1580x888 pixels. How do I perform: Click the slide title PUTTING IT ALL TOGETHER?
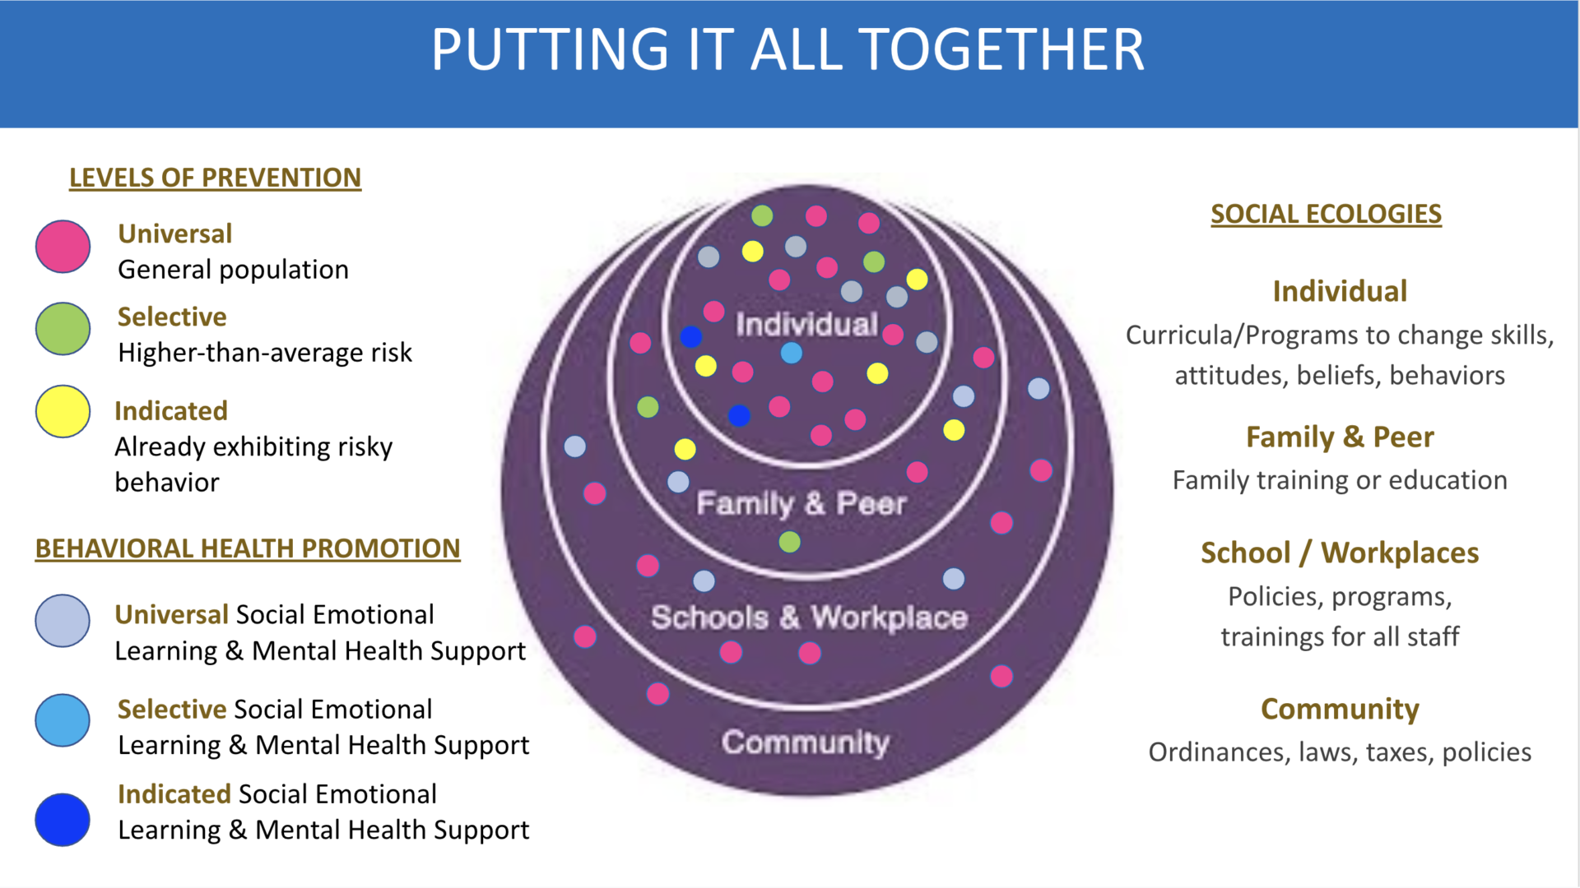tap(788, 50)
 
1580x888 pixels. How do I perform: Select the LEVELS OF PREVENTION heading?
tap(215, 178)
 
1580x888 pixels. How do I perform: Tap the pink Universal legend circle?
tap(63, 246)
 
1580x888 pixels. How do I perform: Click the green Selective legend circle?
tap(63, 328)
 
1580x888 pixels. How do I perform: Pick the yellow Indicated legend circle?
tap(63, 411)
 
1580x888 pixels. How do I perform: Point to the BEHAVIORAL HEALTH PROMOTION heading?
tap(248, 548)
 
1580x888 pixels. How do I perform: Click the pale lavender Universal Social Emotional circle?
tap(63, 621)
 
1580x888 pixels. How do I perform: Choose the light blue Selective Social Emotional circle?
tap(63, 720)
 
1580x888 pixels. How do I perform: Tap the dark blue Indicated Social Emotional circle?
tap(63, 819)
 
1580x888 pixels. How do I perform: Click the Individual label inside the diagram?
tap(806, 325)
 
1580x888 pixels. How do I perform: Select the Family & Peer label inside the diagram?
tap(801, 503)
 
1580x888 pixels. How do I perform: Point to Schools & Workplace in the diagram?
tap(809, 617)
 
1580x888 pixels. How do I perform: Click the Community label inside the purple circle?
tap(806, 742)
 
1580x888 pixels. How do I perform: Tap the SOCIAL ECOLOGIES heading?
tap(1326, 214)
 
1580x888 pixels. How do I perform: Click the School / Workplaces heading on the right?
tap(1340, 553)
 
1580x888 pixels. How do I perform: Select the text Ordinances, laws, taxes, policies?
tap(1340, 752)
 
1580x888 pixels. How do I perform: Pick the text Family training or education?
tap(1340, 480)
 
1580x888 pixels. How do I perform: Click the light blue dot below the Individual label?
tap(792, 353)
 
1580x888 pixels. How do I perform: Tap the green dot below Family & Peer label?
tap(790, 542)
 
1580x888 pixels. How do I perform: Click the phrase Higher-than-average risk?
tap(265, 353)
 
